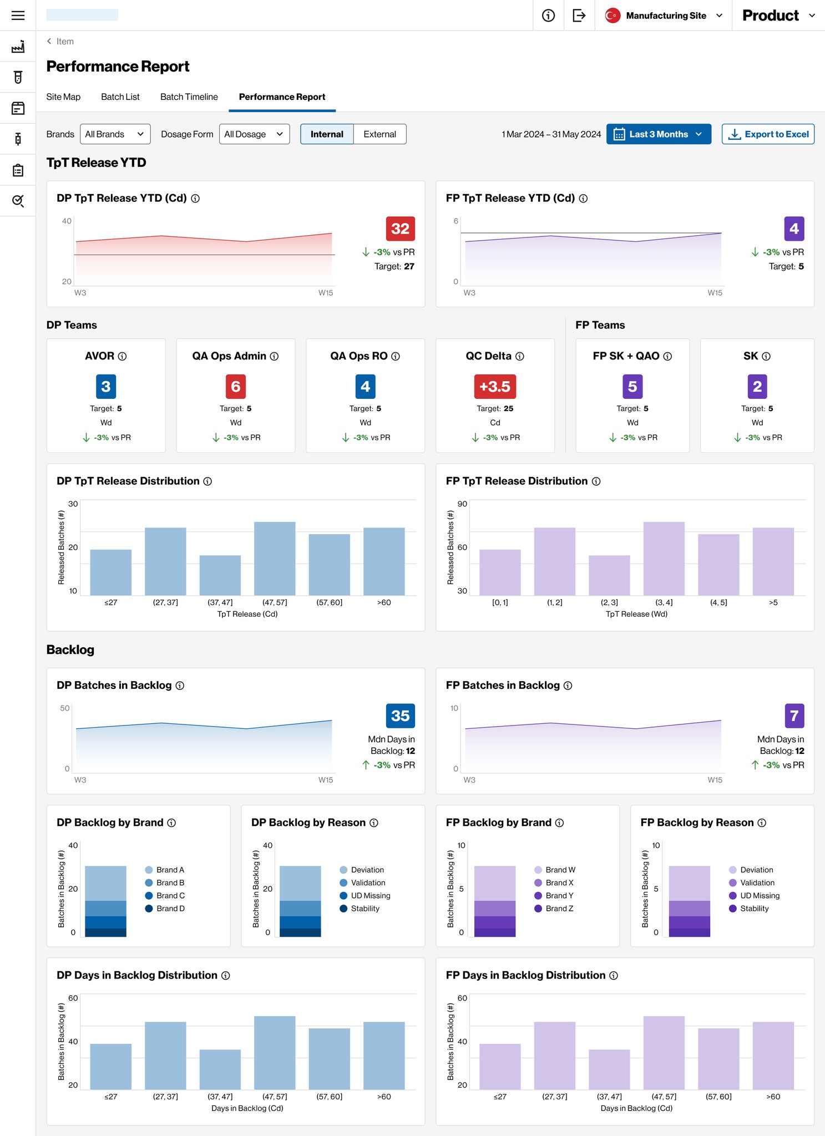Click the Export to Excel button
pos(768,134)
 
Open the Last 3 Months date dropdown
pos(659,134)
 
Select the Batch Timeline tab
pos(189,97)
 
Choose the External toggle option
pos(379,134)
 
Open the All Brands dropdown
pos(115,134)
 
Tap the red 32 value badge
pos(400,229)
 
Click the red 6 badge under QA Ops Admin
pos(236,387)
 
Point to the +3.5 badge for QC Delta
pos(495,387)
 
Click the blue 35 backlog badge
pos(400,716)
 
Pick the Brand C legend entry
pos(170,895)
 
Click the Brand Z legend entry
pos(559,908)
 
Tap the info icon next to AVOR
pos(123,357)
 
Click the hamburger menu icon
pos(18,16)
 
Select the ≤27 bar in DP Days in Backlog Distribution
pos(111,1066)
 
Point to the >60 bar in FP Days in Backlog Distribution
pos(773,1055)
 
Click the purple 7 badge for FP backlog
pos(794,716)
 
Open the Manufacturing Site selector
pos(665,16)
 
